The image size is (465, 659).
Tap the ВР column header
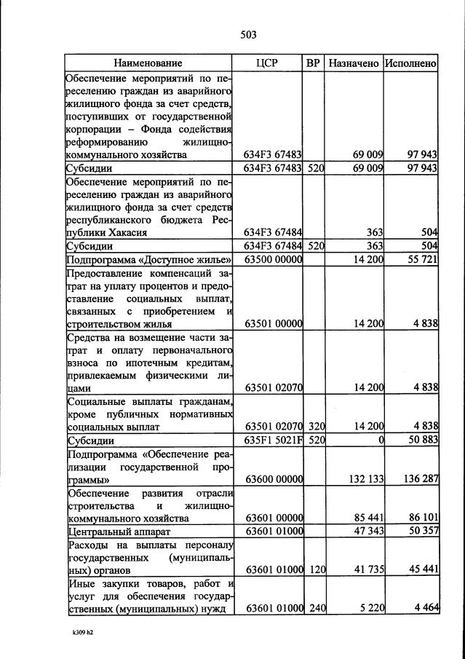pyautogui.click(x=314, y=63)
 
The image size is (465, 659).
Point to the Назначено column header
pyautogui.click(x=354, y=63)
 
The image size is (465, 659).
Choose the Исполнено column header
pyautogui.click(x=411, y=63)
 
